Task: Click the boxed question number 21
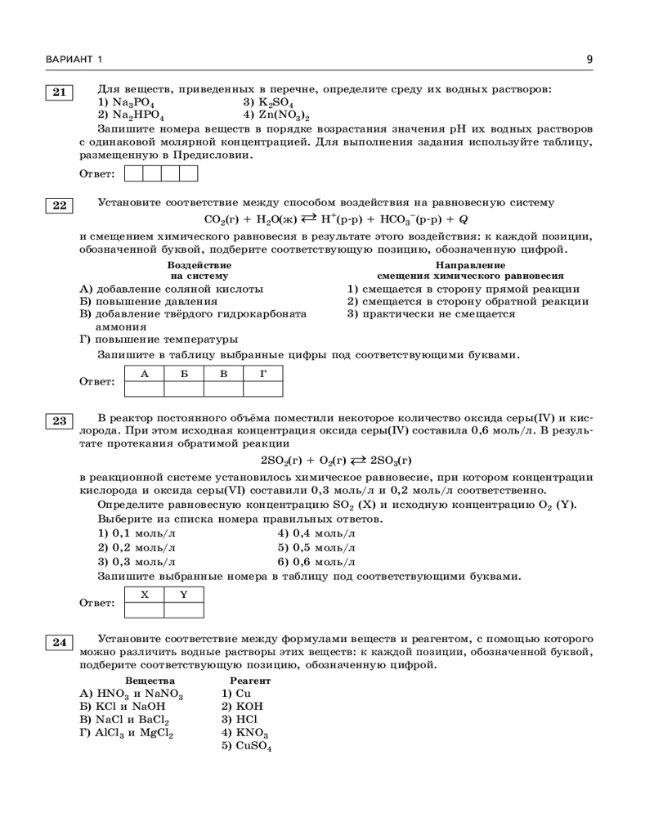[x=59, y=92]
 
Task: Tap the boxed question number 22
[x=59, y=205]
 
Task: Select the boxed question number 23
[x=59, y=421]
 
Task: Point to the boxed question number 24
[x=59, y=642]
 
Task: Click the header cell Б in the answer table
[x=184, y=375]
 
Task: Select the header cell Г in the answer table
[x=263, y=375]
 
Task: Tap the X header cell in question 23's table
[x=144, y=595]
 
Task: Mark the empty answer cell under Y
[x=183, y=609]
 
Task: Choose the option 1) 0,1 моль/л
[x=137, y=533]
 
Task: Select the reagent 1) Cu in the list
[x=236, y=694]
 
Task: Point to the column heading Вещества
[x=150, y=681]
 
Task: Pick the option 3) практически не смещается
[x=431, y=313]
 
